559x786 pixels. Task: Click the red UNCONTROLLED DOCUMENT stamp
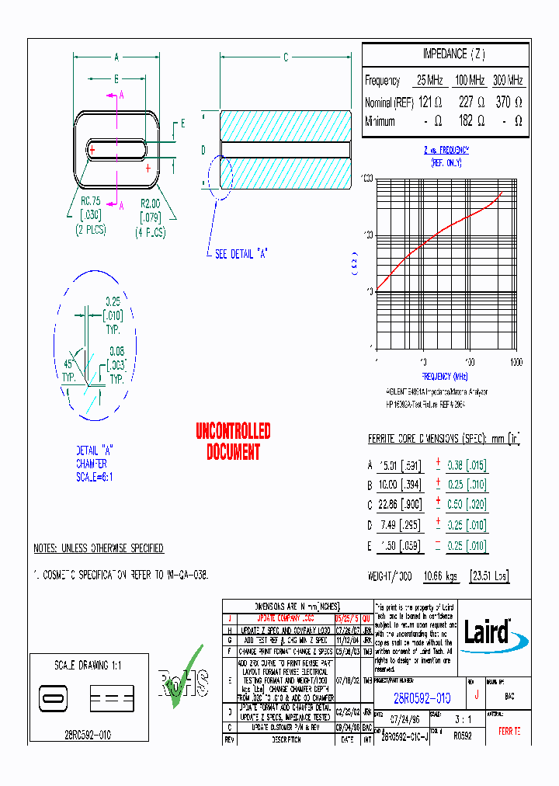click(x=233, y=441)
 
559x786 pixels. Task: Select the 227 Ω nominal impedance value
click(x=471, y=102)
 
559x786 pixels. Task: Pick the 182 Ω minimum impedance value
click(x=471, y=121)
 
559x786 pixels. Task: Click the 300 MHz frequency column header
click(x=508, y=80)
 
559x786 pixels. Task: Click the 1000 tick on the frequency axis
click(x=515, y=363)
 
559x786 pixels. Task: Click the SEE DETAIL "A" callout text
click(x=241, y=254)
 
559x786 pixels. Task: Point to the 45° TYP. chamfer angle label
click(x=71, y=370)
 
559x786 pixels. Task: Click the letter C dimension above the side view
click(x=285, y=57)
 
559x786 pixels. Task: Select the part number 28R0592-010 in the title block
click(x=422, y=697)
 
